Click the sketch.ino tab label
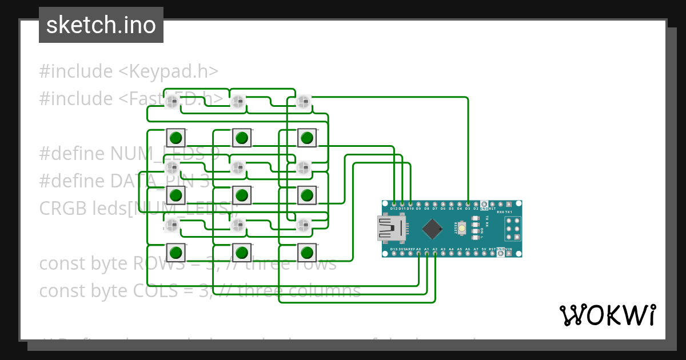pyautogui.click(x=101, y=25)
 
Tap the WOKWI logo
pyautogui.click(x=607, y=315)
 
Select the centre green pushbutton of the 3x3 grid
pyautogui.click(x=242, y=195)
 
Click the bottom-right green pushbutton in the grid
pyautogui.click(x=307, y=252)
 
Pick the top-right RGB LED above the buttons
pyautogui.click(x=303, y=102)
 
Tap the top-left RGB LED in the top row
pyautogui.click(x=172, y=102)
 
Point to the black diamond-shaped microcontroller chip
pyautogui.click(x=433, y=229)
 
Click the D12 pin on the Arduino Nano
pyautogui.click(x=394, y=203)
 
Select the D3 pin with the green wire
pyautogui.click(x=468, y=203)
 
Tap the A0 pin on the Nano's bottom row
pyautogui.click(x=418, y=253)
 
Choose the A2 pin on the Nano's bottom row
pyautogui.click(x=435, y=253)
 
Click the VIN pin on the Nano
pyautogui.click(x=509, y=253)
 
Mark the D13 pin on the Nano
pyautogui.click(x=394, y=253)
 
